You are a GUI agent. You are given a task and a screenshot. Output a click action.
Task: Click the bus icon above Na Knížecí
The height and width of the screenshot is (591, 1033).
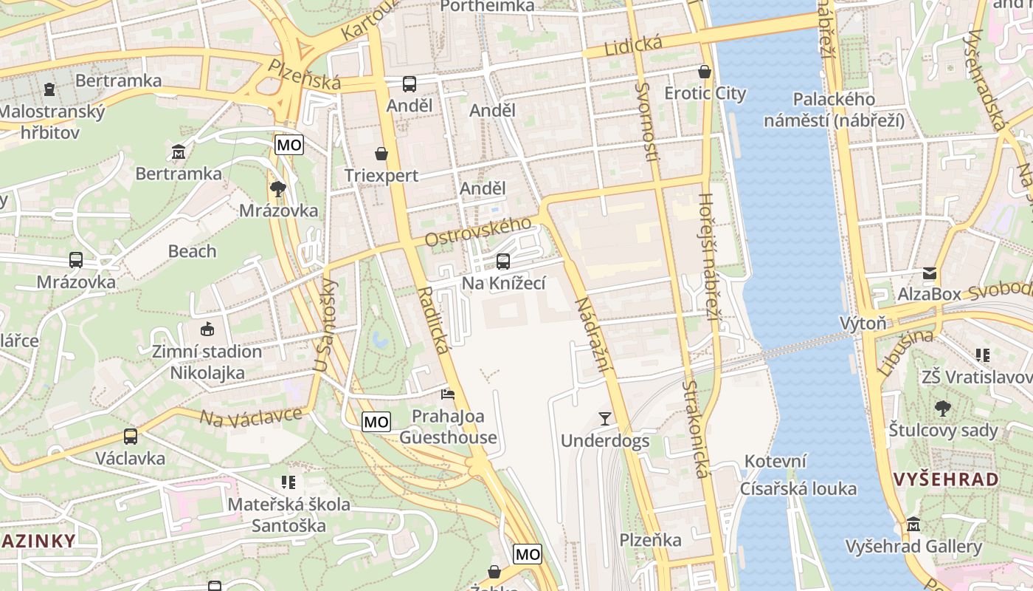tap(503, 261)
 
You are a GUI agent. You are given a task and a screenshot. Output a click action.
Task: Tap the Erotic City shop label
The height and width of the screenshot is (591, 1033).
tap(705, 94)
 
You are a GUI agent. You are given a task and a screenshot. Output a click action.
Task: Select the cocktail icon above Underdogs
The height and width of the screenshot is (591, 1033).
tap(605, 419)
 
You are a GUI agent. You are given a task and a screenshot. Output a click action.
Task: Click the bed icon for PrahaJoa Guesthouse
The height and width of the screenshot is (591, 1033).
tap(448, 394)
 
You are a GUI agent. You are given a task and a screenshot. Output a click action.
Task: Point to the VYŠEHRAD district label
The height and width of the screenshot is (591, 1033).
tap(946, 479)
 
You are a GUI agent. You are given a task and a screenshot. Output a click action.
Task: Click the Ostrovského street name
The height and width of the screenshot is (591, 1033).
tap(477, 232)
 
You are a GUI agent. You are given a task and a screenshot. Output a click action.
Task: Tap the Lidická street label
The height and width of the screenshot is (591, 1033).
tap(633, 46)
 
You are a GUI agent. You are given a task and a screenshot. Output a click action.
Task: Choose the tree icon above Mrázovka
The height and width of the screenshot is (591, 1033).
tap(278, 189)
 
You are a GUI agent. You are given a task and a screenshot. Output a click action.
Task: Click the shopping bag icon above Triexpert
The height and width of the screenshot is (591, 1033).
tap(381, 154)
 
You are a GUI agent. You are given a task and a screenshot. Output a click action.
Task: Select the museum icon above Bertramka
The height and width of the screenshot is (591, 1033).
tap(179, 152)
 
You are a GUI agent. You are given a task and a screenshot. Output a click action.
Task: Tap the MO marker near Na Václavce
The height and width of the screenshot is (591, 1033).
tap(376, 422)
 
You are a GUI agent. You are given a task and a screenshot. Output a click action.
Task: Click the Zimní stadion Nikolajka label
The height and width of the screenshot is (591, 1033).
tap(207, 362)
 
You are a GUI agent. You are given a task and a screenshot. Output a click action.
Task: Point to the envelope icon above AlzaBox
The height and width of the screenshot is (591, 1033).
tap(929, 273)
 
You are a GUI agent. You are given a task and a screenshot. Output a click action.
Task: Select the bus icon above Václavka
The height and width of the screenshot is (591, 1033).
tap(131, 436)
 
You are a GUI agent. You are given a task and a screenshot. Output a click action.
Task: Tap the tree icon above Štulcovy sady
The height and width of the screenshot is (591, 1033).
tap(942, 408)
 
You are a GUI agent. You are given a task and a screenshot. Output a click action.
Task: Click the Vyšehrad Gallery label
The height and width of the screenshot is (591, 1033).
tap(913, 547)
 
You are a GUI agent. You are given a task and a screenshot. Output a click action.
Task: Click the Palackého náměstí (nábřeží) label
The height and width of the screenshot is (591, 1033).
tap(834, 109)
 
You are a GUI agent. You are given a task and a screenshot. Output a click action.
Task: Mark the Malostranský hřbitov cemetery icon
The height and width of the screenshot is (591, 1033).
tap(49, 89)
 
